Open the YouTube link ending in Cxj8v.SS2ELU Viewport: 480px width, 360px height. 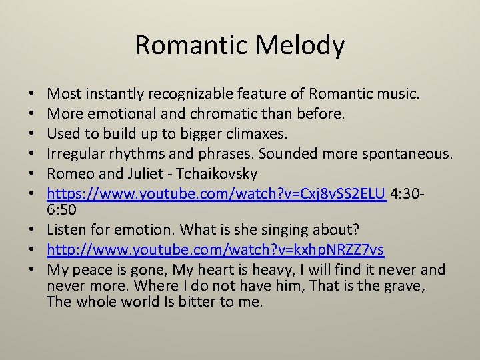pos(217,194)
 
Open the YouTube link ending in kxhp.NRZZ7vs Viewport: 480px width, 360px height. pos(215,249)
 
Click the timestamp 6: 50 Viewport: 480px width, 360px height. pos(62,210)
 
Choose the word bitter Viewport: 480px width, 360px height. pos(201,301)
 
